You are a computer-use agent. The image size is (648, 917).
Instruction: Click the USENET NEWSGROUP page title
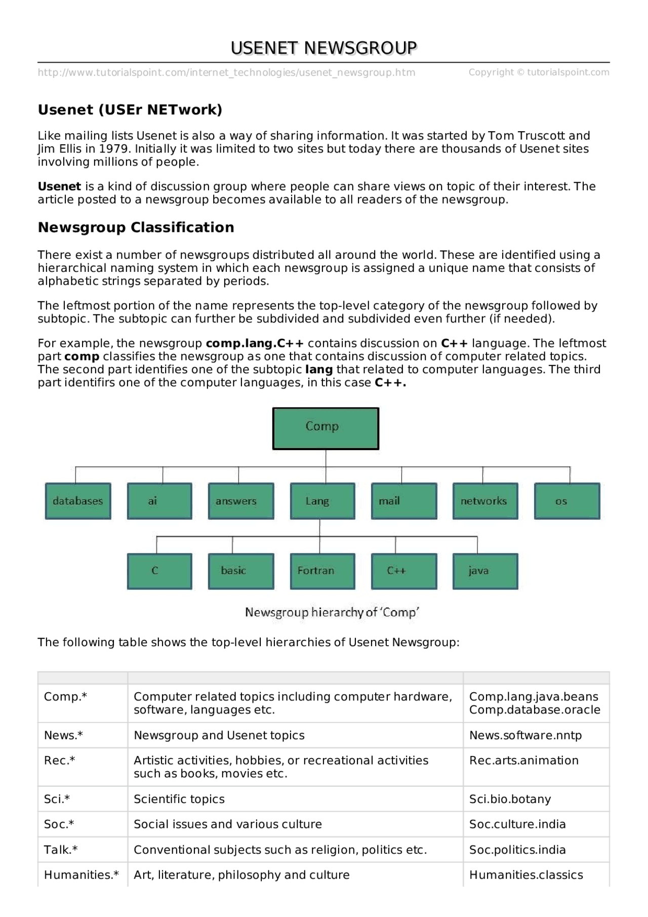pos(323,48)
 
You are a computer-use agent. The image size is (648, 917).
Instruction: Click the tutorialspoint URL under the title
pos(226,72)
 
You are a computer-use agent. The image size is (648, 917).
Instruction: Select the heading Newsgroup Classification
pos(136,227)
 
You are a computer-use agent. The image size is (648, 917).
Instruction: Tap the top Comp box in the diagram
pos(326,428)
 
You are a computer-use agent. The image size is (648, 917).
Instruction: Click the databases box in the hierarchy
pos(78,501)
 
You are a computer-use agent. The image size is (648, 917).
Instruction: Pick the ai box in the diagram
pos(159,501)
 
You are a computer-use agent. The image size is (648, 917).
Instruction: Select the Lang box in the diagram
pos(322,501)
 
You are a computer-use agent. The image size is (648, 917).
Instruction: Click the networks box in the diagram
pos(485,501)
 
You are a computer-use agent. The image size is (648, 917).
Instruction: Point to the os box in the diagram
pos(567,501)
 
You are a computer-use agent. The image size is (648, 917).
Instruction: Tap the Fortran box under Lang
pos(322,571)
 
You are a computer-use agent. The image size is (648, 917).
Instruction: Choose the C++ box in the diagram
pos(404,571)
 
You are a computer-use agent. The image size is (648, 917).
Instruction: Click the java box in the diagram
pos(485,571)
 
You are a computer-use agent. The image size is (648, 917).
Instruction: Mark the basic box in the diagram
pos(241,571)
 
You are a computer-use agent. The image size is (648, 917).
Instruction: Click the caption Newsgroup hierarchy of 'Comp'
pos(332,612)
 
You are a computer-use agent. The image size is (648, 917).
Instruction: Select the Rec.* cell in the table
pos(60,761)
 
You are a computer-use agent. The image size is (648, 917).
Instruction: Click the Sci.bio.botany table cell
pos(510,799)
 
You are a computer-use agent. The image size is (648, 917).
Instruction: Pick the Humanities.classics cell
pos(526,875)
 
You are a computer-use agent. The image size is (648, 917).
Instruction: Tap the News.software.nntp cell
pos(525,735)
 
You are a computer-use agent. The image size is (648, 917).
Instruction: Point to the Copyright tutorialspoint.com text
pos(539,72)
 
